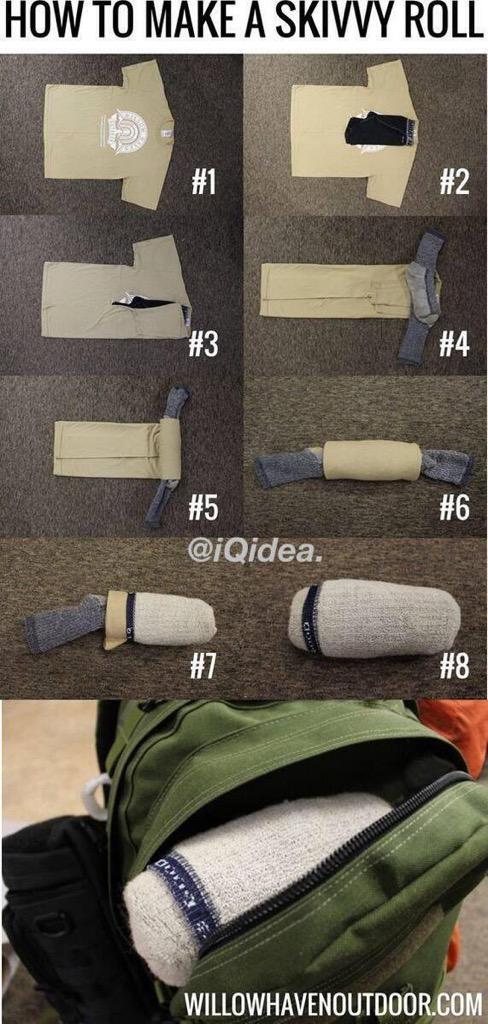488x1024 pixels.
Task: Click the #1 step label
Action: point(204,182)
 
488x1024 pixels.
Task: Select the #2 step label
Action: point(454,182)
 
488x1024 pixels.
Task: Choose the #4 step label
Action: point(454,345)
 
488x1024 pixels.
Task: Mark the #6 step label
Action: point(454,508)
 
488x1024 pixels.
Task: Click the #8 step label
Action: point(454,667)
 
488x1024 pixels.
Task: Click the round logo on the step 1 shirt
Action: point(128,129)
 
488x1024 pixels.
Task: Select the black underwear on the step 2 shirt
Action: point(380,131)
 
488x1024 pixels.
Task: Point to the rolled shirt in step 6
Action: point(367,462)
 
